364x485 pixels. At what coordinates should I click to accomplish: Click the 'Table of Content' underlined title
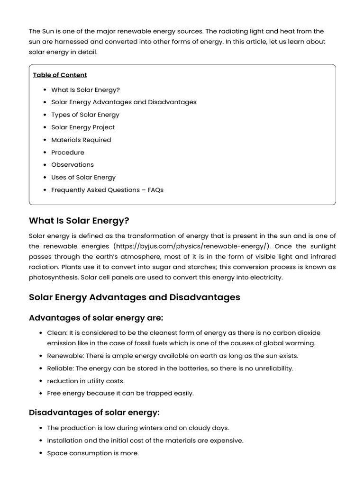(60, 75)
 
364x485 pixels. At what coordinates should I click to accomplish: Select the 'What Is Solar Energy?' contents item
(85, 90)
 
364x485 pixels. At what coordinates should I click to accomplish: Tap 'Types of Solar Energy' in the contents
(85, 115)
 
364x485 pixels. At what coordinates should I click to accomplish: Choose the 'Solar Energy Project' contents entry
(83, 127)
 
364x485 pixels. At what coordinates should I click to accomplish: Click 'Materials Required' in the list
(81, 140)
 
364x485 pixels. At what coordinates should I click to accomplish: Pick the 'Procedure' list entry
(68, 153)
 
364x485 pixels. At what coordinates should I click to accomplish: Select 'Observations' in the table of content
(73, 165)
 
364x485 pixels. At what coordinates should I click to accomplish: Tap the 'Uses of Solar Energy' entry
(83, 177)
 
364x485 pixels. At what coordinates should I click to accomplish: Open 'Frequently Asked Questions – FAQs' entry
(107, 190)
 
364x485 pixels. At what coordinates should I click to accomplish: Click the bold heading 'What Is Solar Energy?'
(79, 221)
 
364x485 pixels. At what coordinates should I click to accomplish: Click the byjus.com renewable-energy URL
(192, 246)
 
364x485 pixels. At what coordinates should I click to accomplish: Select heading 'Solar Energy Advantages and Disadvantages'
(135, 297)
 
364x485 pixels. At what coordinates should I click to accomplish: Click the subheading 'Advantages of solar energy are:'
(96, 318)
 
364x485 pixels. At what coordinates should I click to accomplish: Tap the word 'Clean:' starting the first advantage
(57, 333)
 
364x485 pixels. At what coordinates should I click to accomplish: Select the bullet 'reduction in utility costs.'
(86, 381)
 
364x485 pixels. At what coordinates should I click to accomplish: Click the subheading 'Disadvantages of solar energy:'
(94, 413)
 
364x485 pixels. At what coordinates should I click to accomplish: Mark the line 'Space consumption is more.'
(93, 453)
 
